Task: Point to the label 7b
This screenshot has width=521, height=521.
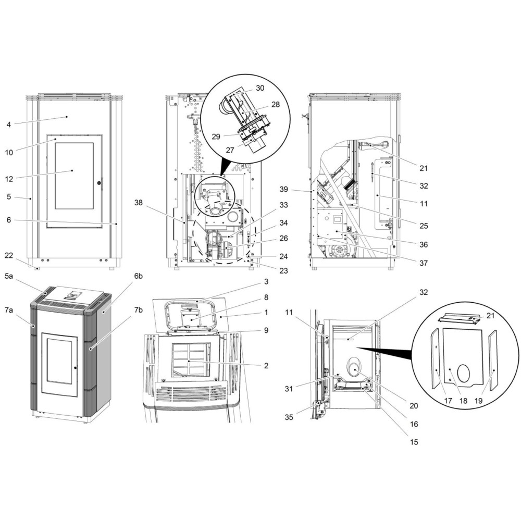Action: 138,310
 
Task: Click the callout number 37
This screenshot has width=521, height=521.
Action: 423,263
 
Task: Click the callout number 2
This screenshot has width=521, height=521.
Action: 266,365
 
